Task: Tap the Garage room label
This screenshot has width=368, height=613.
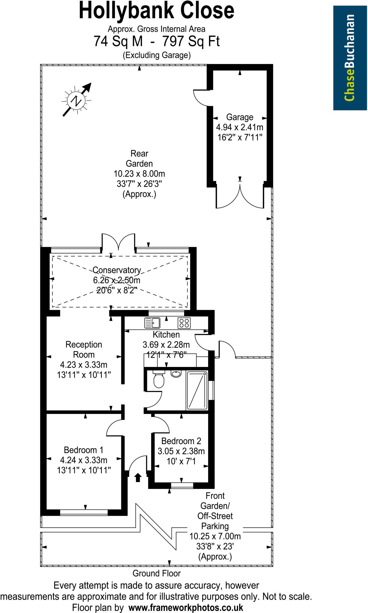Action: click(x=240, y=117)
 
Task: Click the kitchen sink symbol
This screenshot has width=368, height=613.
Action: click(x=152, y=323)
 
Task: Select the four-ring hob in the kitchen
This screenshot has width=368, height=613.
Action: click(x=184, y=323)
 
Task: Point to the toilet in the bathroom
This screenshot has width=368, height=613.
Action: click(x=158, y=380)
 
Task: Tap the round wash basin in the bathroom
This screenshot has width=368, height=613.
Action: click(x=176, y=374)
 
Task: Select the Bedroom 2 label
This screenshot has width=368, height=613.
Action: click(x=181, y=441)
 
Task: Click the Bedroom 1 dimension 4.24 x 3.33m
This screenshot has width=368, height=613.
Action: click(x=84, y=460)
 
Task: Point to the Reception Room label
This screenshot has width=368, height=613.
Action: click(x=84, y=349)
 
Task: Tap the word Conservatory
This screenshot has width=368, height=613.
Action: click(x=116, y=270)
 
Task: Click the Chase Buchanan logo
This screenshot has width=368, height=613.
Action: click(x=350, y=58)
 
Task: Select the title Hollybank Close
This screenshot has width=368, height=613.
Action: click(x=157, y=11)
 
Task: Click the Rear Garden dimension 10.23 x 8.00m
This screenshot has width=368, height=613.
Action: click(x=139, y=174)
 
